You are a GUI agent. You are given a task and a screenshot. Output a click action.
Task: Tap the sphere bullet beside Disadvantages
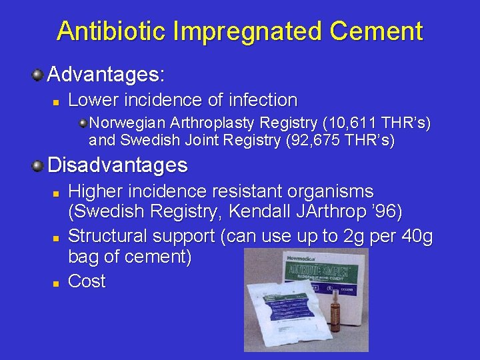point(39,164)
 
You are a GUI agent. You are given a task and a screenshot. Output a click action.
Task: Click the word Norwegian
point(129,123)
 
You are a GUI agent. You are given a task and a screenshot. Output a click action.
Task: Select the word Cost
point(87,281)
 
